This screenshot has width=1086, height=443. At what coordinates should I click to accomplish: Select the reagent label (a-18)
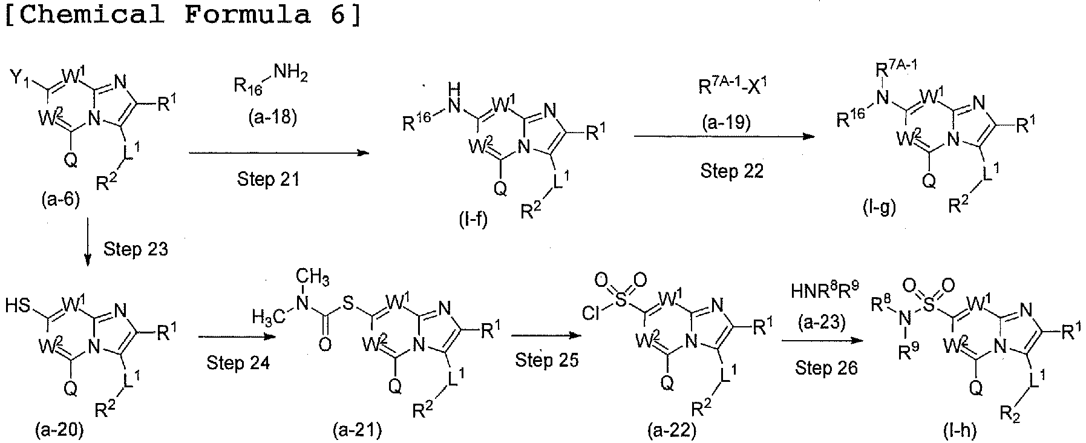(272, 117)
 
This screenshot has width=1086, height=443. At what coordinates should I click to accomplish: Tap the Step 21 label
(268, 179)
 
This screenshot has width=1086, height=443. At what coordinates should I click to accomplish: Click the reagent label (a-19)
(726, 123)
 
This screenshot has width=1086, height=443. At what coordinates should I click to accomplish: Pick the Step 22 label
(732, 171)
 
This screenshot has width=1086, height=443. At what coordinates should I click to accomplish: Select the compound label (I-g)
(879, 208)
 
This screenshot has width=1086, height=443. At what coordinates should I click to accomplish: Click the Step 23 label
(136, 249)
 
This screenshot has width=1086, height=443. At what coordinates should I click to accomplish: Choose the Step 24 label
(238, 363)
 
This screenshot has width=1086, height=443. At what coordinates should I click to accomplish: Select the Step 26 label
(826, 367)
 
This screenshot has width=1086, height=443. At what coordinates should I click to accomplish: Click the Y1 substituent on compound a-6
(22, 78)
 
